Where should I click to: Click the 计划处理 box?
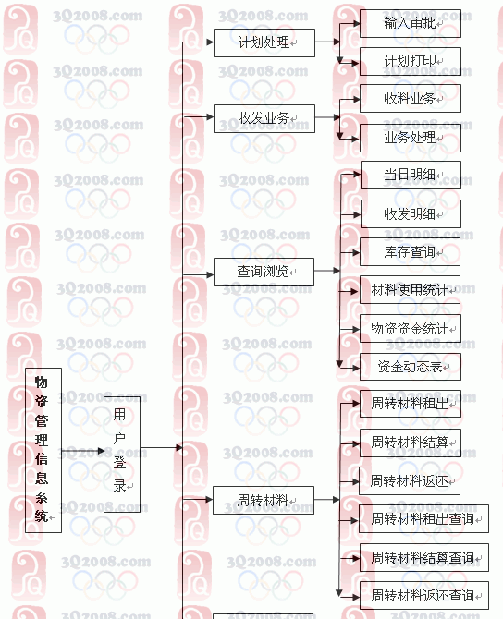[x=264, y=42]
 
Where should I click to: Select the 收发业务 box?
[x=264, y=118]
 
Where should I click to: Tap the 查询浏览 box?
[x=264, y=272]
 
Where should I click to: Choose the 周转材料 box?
[x=264, y=500]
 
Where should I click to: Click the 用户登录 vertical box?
[x=122, y=455]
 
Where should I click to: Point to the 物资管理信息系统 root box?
[x=43, y=451]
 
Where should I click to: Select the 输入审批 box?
[x=411, y=23]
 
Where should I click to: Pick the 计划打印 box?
[x=411, y=61]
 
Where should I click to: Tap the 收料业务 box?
[x=411, y=98]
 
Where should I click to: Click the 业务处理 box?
[x=411, y=138]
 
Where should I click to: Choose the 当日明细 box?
[x=411, y=175]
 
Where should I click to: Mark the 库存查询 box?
[x=411, y=252]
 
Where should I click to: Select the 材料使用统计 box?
[x=411, y=290]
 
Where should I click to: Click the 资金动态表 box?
[x=411, y=367]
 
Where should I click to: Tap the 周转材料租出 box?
[x=411, y=404]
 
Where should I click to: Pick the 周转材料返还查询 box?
[x=424, y=595]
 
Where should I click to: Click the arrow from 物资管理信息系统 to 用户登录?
[x=82, y=451]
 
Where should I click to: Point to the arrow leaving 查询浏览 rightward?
[x=327, y=271]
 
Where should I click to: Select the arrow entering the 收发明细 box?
[x=350, y=214]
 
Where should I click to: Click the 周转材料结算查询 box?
[x=424, y=557]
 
